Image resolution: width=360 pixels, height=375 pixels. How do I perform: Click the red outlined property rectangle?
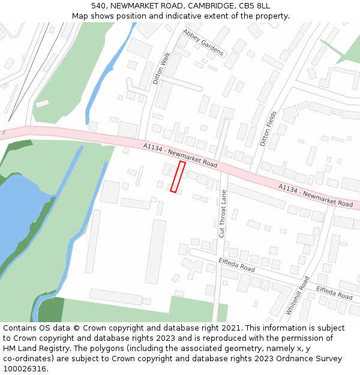(178, 176)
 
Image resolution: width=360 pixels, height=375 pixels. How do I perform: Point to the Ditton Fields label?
(268, 128)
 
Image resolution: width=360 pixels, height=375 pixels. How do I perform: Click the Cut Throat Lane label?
(223, 214)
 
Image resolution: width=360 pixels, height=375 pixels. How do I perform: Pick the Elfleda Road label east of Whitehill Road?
(334, 292)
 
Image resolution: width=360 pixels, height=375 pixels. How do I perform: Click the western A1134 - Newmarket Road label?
(180, 155)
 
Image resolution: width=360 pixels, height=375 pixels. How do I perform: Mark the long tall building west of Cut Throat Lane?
(155, 251)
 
